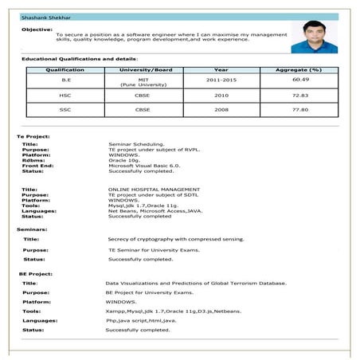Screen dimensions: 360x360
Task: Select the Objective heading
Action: [37, 29]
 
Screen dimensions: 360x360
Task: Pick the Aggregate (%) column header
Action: [299, 70]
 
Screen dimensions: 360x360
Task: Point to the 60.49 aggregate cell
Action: [300, 80]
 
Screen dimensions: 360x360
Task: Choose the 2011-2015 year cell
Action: [221, 80]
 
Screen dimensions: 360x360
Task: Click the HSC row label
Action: [65, 95]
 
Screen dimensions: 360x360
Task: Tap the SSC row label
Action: [65, 109]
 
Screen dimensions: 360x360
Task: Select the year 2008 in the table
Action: [221, 109]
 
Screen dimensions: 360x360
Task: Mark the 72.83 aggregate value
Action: [300, 95]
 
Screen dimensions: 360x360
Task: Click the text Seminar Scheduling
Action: [133, 143]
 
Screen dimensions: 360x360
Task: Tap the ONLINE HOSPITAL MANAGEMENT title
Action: [154, 189]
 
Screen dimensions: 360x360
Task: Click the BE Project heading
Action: [35, 273]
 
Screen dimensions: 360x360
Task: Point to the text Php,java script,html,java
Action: [140, 319]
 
